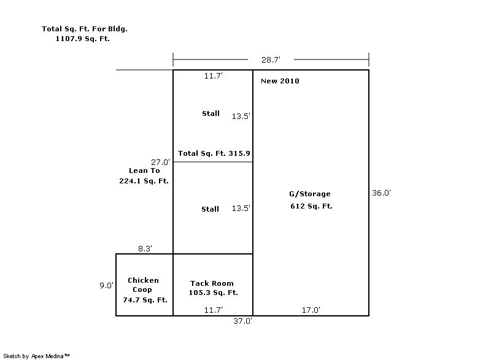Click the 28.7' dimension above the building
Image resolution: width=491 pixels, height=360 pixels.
coord(271,59)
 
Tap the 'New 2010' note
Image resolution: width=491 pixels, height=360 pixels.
coord(280,81)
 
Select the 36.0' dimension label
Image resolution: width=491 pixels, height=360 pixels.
coord(381,193)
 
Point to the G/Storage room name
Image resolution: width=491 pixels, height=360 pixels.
coord(310,194)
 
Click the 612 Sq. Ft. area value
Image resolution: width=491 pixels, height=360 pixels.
coord(311,206)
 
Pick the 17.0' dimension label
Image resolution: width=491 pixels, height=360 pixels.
coord(311,310)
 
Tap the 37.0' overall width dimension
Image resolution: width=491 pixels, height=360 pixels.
coord(242,321)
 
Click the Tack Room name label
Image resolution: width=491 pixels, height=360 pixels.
coord(212,283)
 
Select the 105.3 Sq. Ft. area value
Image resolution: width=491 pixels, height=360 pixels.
coord(213,293)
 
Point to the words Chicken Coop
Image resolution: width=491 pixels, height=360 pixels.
coord(143,285)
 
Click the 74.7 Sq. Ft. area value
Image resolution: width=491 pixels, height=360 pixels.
coord(145,300)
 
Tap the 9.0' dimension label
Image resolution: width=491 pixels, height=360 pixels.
coord(106,285)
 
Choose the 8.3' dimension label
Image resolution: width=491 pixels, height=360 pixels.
coord(145,248)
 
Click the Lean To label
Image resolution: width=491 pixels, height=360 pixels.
coord(144,170)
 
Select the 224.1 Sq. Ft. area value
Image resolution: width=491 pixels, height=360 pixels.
coord(144,181)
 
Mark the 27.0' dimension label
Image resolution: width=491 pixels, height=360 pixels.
coord(160,162)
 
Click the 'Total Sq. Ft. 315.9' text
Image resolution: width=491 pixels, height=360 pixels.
coord(214,153)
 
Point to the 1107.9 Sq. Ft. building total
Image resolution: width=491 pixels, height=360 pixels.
coord(83,39)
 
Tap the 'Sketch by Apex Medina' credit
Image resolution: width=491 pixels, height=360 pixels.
coord(36,356)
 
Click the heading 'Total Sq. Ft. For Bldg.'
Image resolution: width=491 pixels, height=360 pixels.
coord(85,29)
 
